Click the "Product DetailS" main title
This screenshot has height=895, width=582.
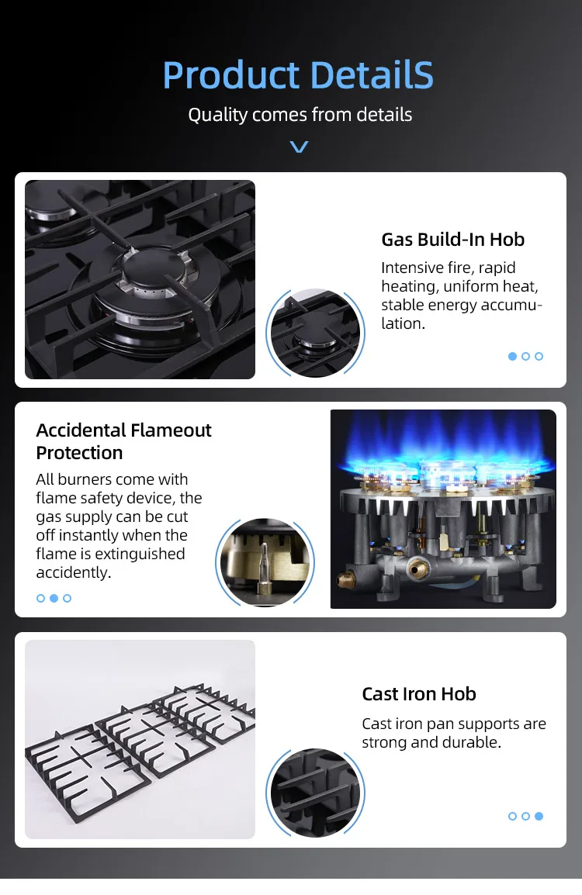[298, 75]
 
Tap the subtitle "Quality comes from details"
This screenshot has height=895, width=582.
[300, 115]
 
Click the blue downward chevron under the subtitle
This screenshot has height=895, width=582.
[299, 147]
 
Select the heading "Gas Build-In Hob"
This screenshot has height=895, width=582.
[452, 240]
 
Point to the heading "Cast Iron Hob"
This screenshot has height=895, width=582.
[418, 694]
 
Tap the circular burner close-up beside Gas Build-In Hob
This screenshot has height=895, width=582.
[314, 333]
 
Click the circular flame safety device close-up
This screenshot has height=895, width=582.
[265, 562]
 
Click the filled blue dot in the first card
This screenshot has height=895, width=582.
[512, 356]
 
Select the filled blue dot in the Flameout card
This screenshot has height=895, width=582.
[54, 598]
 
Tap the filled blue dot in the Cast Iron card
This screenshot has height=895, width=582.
[539, 816]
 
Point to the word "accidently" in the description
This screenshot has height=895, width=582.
[73, 572]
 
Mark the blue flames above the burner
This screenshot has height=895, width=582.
[442, 450]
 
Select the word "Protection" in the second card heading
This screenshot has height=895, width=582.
[79, 452]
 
